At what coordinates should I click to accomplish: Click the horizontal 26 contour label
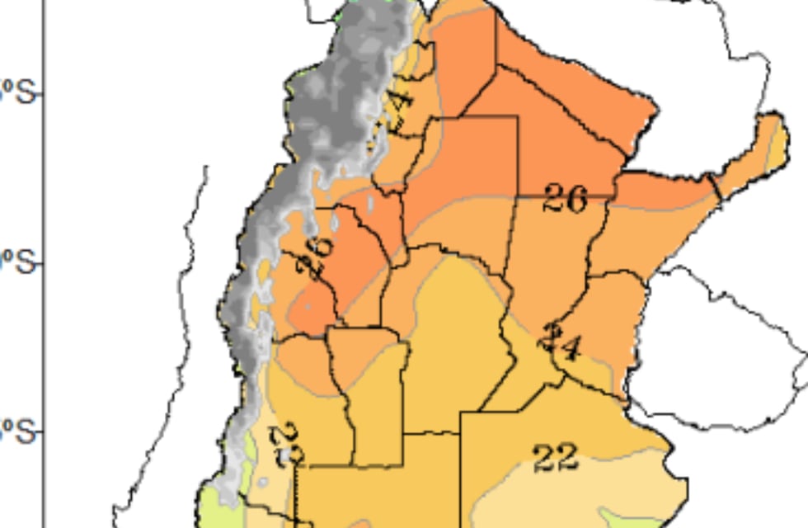[x=565, y=199]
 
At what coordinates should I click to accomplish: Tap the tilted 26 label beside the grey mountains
[x=319, y=257]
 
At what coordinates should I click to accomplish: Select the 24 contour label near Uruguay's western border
[x=561, y=342]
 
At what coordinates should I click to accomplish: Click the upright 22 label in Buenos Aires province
[x=556, y=458]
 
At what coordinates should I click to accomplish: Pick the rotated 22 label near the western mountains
[x=289, y=445]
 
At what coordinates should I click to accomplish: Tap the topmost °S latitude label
[x=18, y=92]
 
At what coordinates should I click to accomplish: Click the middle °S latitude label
[x=18, y=264]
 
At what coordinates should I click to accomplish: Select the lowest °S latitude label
[x=18, y=432]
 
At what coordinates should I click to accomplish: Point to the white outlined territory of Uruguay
[x=717, y=338]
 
